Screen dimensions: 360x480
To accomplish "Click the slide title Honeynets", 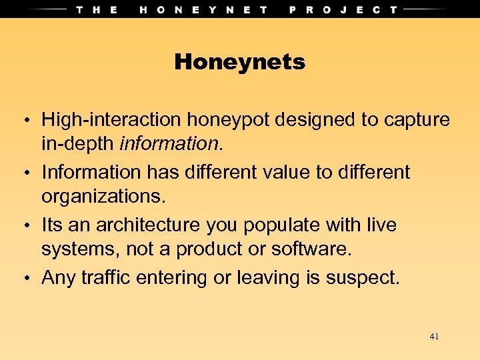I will (239, 63).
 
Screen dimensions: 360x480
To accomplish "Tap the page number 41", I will (434, 337).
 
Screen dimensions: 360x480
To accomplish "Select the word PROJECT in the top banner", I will (343, 9).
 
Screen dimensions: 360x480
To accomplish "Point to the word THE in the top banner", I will (97, 9).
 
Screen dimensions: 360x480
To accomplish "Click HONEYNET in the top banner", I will (204, 9).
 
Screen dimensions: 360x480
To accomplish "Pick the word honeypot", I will (227, 121).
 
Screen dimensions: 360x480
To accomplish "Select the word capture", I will (417, 121).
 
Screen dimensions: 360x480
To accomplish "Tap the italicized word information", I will (178, 144).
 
